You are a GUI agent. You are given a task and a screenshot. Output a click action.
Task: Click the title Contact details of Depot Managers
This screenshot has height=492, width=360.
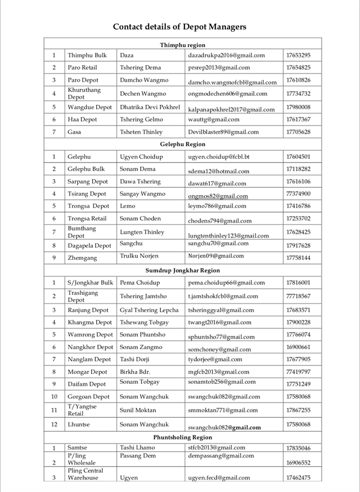point(179,27)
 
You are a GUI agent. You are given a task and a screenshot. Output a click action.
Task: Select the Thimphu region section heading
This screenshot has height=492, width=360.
point(182,45)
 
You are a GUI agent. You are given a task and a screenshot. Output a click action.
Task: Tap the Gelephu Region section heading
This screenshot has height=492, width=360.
point(182,145)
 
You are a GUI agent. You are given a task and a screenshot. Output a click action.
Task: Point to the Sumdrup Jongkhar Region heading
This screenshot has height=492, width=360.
point(182,270)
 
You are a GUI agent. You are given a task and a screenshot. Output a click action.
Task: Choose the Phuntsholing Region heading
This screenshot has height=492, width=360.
point(182,437)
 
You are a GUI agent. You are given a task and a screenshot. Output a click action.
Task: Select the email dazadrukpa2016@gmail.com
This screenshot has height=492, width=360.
point(226,55)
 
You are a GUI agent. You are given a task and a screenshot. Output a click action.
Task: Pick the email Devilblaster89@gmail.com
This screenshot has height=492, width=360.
point(223,132)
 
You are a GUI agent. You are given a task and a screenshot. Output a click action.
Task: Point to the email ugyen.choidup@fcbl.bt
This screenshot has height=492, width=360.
point(219,157)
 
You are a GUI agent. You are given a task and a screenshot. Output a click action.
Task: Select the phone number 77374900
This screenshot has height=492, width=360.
point(298,194)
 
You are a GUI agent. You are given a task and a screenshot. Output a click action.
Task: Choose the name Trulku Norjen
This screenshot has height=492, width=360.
point(139,256)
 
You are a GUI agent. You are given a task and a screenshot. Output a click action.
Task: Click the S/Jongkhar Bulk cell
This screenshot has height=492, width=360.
point(90,282)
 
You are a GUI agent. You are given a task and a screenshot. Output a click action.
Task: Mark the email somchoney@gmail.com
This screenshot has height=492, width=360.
point(219,350)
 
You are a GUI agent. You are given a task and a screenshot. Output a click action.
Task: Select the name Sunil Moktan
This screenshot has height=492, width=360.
point(138,410)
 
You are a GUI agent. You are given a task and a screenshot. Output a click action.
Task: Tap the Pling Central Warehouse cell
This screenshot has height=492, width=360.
point(85,474)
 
